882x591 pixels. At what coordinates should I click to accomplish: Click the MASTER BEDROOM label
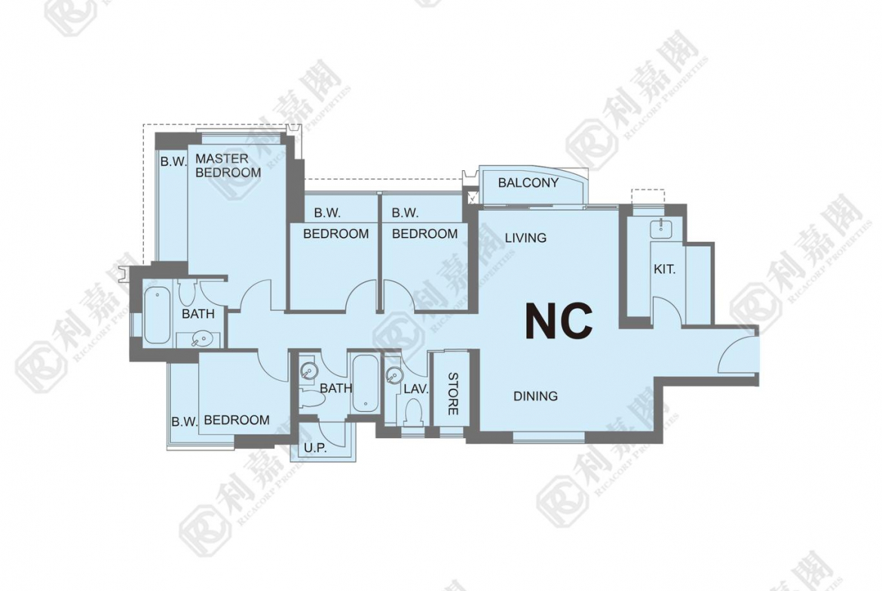tap(228, 166)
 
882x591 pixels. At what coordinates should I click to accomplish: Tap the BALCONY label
tap(528, 183)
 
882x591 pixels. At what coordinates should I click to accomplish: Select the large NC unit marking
tap(559, 321)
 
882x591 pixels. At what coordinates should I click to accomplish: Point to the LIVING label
tap(525, 238)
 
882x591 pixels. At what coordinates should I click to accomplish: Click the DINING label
tap(535, 396)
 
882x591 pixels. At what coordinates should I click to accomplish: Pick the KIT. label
tap(664, 269)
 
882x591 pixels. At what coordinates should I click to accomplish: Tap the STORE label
tap(453, 394)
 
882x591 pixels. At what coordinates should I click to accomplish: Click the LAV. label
tap(416, 388)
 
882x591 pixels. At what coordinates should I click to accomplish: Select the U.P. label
tap(315, 448)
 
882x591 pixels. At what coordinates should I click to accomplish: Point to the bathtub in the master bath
tap(156, 315)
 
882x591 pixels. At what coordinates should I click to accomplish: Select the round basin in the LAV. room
tap(395, 375)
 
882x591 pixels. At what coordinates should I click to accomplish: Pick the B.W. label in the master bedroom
tap(173, 162)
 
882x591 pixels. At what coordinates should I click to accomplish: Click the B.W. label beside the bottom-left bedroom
tap(185, 422)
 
